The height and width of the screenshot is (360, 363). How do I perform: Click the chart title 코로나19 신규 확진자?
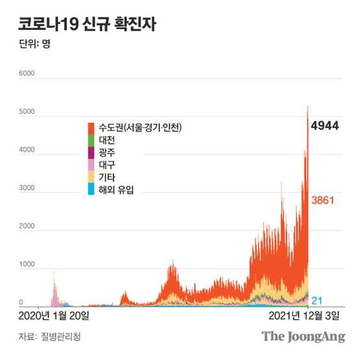[x=87, y=25]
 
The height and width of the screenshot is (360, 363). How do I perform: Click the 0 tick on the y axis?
[x=21, y=302]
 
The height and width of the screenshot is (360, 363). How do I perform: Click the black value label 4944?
[x=325, y=126]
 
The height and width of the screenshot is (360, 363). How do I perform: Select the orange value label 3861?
[x=323, y=200]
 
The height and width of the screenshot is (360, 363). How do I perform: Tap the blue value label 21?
[x=318, y=300]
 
